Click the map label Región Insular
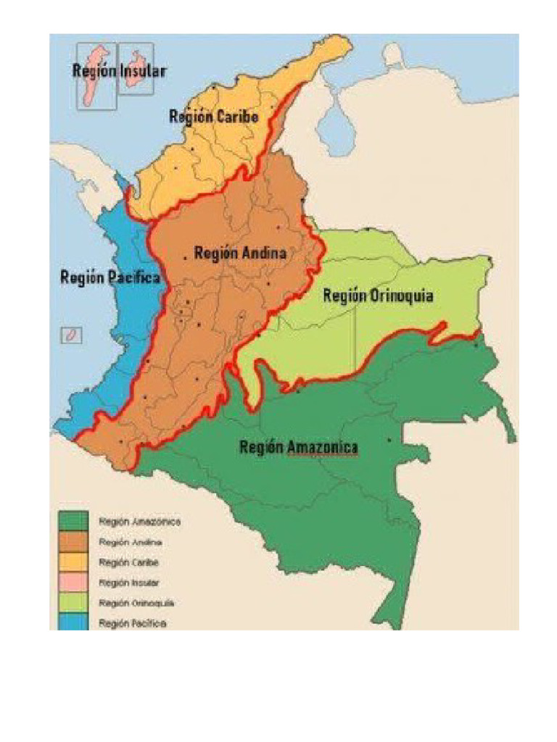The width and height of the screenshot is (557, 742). pos(119,71)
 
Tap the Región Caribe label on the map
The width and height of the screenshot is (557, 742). pos(213,116)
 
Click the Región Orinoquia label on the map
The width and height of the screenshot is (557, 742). pos(378,296)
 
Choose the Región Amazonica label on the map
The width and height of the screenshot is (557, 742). pos(298,448)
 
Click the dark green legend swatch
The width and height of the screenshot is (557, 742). pos(73,521)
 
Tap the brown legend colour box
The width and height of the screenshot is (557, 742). pos(73,541)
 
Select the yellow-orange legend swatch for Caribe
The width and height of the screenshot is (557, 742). pos(73,562)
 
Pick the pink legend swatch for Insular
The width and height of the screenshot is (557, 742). pos(73,582)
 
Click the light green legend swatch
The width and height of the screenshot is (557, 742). pos(73,602)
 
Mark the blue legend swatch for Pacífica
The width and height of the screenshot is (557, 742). pos(73,622)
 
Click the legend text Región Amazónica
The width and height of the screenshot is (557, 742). pos(139,521)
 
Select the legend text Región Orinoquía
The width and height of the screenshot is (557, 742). pos(136,602)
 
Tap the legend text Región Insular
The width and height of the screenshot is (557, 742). pos(129,582)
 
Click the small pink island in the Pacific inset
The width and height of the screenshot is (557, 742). pos(72,335)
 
